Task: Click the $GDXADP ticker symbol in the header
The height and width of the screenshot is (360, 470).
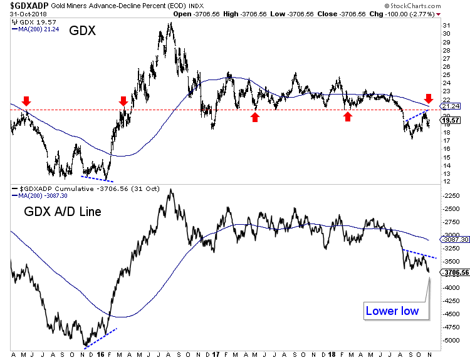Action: (x=26, y=6)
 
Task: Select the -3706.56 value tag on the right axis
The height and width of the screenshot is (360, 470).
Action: (x=454, y=272)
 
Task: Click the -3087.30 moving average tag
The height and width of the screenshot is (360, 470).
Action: (x=454, y=239)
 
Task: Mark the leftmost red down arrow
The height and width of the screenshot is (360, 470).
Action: (x=26, y=101)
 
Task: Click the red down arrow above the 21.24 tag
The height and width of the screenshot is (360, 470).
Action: (x=429, y=98)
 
